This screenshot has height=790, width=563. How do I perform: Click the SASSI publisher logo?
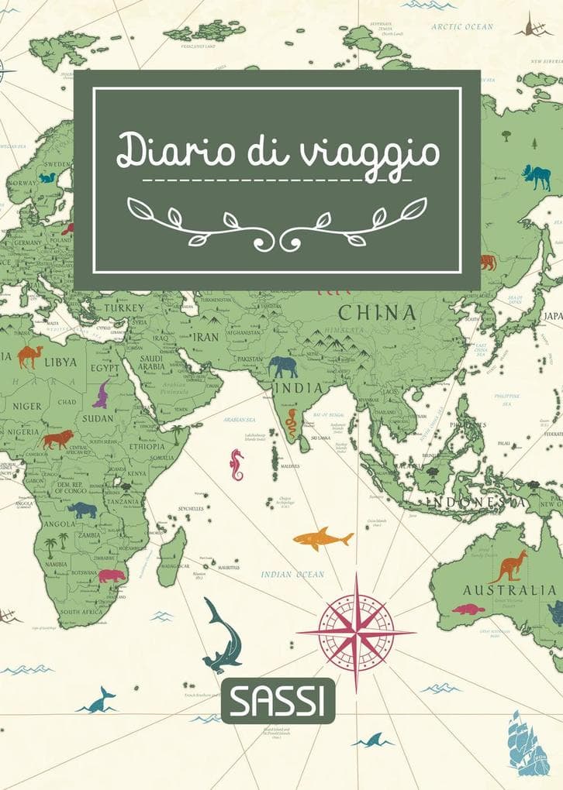click(278, 700)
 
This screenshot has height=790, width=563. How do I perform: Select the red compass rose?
click(356, 632)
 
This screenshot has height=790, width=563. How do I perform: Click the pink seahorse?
click(237, 464)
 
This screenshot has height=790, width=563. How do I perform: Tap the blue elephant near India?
click(284, 366)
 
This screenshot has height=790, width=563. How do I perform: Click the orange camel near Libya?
click(29, 356)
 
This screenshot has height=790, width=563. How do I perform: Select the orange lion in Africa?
click(57, 440)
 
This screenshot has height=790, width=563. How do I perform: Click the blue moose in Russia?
click(537, 177)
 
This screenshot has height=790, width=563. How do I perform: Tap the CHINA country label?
click(377, 314)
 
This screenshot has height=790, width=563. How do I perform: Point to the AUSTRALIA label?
click(509, 590)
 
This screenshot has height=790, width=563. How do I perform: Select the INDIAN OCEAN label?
click(292, 575)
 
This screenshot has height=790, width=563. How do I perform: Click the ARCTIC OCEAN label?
click(462, 26)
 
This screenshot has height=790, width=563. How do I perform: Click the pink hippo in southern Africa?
click(111, 575)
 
